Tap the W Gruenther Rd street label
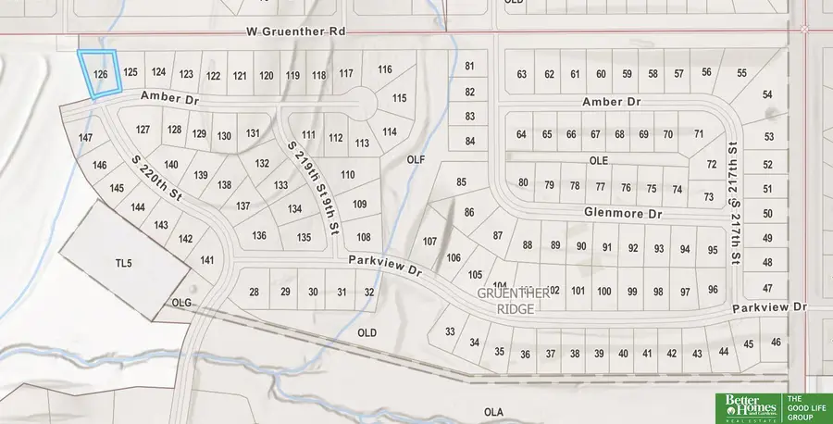tap(296, 31)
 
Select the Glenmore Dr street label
tap(625, 213)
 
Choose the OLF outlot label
tap(416, 159)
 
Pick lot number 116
tap(385, 69)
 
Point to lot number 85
tap(461, 181)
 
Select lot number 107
tap(429, 241)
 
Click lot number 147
tap(86, 138)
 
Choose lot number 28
tap(255, 293)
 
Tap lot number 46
tap(776, 343)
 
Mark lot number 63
tap(522, 74)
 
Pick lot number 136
tap(259, 235)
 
